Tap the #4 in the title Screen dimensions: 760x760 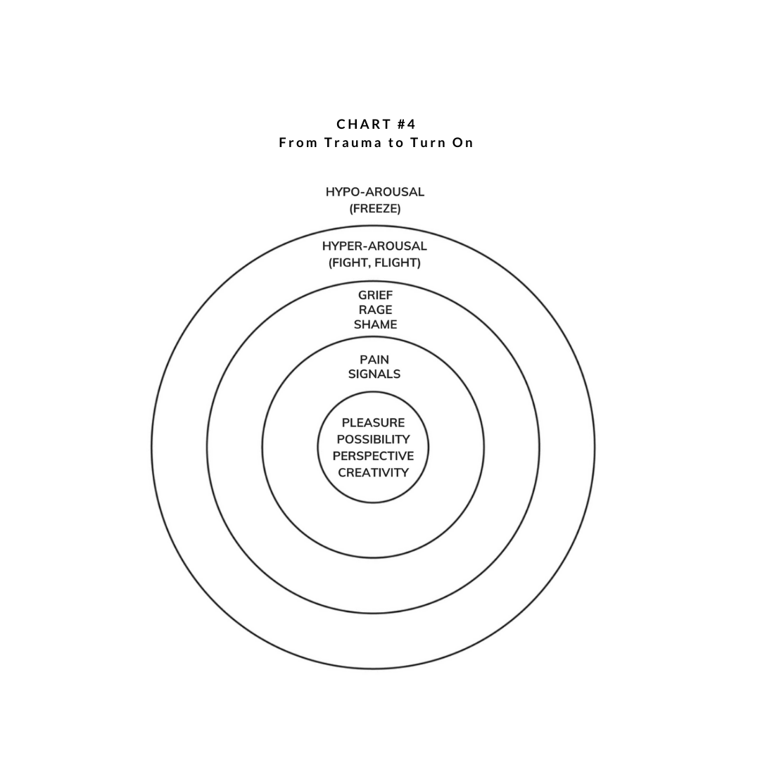click(x=406, y=125)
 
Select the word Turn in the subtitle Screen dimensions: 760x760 click(x=429, y=143)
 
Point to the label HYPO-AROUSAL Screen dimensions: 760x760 click(x=375, y=192)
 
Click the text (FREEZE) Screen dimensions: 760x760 click(x=375, y=208)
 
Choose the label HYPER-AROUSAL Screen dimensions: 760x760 click(x=374, y=246)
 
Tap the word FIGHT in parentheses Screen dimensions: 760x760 click(x=350, y=262)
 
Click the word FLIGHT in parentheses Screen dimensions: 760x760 click(x=399, y=262)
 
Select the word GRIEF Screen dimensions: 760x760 click(x=375, y=294)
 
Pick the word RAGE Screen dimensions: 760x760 click(x=375, y=310)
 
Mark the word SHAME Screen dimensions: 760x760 click(x=375, y=324)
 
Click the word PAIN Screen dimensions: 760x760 click(x=374, y=360)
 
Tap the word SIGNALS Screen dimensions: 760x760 click(x=374, y=374)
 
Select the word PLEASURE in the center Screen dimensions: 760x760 click(x=373, y=423)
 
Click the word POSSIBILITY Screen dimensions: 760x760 click(x=373, y=439)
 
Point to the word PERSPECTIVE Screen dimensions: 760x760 click(x=373, y=456)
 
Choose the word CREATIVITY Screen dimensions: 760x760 click(x=373, y=472)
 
